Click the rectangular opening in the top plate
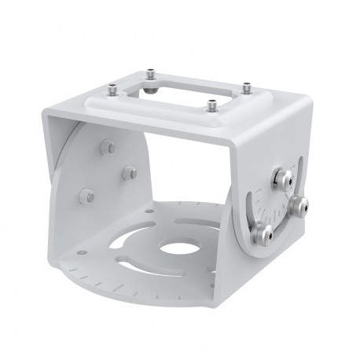point(188,98)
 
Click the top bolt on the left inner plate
point(108,147)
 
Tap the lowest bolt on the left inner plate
point(87,195)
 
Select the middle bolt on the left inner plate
point(130,172)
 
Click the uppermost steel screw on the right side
point(278,179)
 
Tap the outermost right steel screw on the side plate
point(299,206)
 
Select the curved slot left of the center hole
point(126,237)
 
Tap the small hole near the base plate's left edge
point(79,253)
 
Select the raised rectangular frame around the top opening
point(224,94)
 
